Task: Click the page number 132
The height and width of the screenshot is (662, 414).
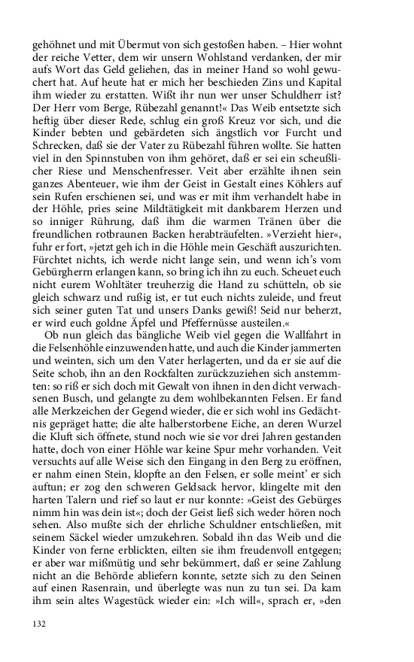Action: pos(40,624)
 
